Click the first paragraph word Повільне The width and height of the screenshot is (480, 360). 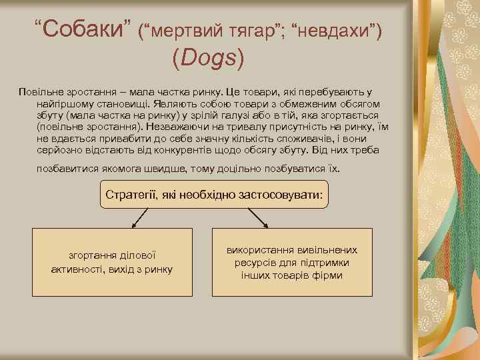(x=39, y=93)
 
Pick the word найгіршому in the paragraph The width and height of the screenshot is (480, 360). (x=65, y=104)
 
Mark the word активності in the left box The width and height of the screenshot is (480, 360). (x=79, y=269)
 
